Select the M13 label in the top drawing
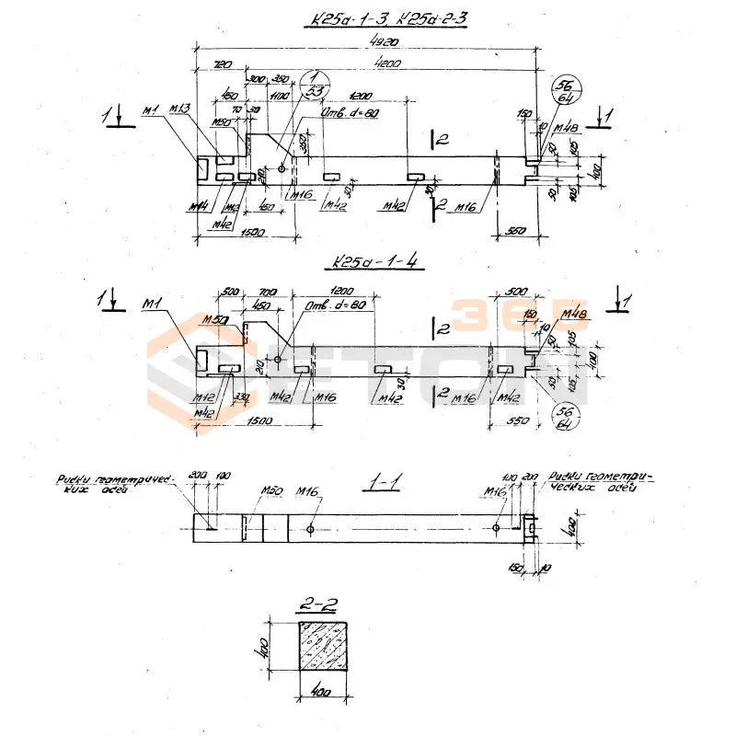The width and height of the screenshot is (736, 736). click(x=179, y=110)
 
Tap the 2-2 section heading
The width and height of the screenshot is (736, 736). click(x=320, y=605)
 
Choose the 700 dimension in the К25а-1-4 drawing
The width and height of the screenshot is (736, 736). click(x=267, y=293)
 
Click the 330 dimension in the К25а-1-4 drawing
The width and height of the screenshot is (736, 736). click(x=241, y=398)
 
